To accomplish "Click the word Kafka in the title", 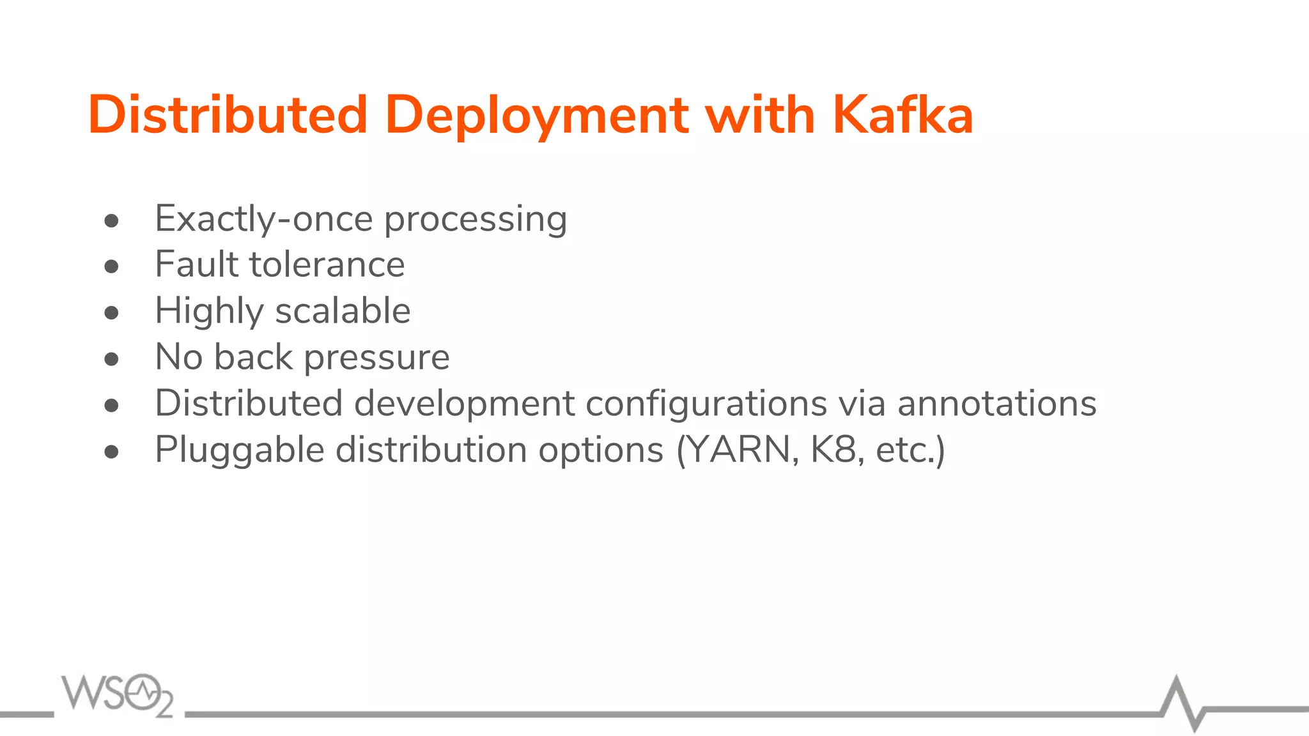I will tap(902, 115).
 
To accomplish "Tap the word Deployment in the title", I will tap(537, 116).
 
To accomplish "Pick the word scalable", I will tap(343, 311).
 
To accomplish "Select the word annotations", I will tap(996, 404).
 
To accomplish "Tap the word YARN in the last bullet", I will tap(741, 450).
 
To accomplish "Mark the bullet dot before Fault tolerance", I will tap(112, 266).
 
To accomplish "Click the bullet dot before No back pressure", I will tap(112, 359).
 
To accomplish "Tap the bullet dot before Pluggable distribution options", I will tap(112, 452).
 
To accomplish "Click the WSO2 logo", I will tap(117, 695).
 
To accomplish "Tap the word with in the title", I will tap(760, 115).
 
